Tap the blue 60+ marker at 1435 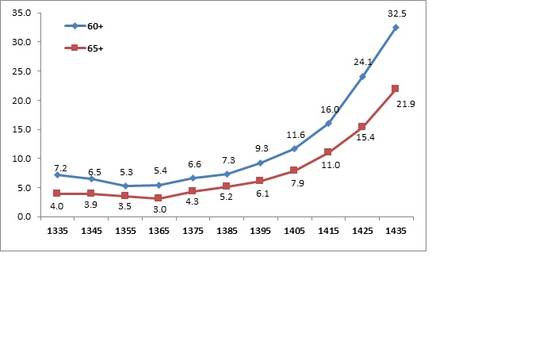click(x=396, y=28)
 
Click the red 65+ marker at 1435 click(x=396, y=89)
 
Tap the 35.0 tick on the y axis click(x=21, y=13)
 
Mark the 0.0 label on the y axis click(x=24, y=216)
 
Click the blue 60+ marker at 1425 click(x=362, y=77)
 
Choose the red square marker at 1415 click(x=328, y=152)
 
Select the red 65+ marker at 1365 click(x=159, y=198)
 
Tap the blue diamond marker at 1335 click(x=57, y=174)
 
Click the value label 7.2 click(x=60, y=168)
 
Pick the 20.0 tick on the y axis click(x=21, y=101)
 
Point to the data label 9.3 click(x=262, y=147)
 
